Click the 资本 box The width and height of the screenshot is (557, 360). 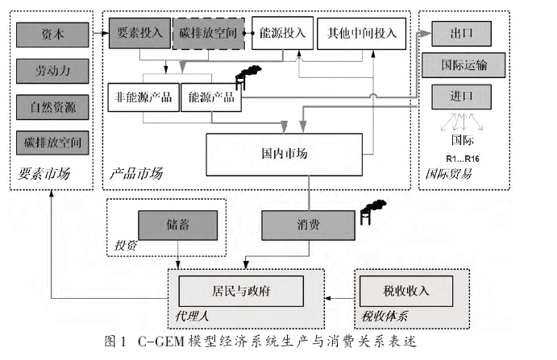point(52,35)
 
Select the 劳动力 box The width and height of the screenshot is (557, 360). point(52,70)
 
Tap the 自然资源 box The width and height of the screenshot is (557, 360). point(52,106)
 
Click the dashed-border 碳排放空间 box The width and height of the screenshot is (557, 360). point(207,33)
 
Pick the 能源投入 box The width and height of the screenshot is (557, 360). point(282,33)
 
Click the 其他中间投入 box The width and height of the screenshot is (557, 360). point(362,33)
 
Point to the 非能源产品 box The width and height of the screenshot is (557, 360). point(143,97)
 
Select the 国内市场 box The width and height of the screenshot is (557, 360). point(284,154)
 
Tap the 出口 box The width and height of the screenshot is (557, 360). point(463,33)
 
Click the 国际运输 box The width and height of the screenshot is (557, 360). point(463,64)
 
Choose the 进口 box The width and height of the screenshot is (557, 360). point(463,95)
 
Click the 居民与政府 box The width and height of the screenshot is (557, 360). point(240,289)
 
